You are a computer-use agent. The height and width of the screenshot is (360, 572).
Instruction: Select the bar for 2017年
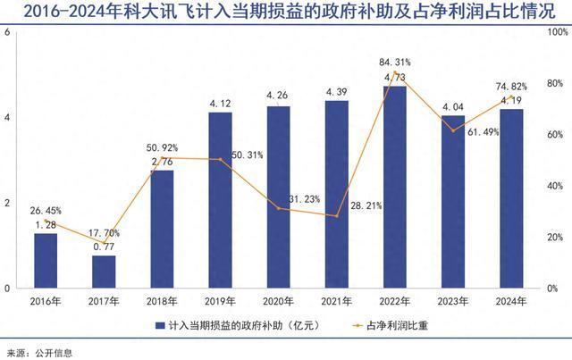tap(104, 272)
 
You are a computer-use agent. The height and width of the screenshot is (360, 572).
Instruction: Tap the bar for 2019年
tap(220, 200)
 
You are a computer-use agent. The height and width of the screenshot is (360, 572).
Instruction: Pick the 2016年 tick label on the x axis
tap(46, 301)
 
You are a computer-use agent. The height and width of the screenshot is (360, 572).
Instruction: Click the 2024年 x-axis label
tap(510, 301)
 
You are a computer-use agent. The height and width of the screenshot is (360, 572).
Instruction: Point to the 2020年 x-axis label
tap(278, 301)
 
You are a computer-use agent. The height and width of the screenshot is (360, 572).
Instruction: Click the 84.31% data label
tap(394, 63)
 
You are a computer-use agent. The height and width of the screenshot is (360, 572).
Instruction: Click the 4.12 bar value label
tap(220, 105)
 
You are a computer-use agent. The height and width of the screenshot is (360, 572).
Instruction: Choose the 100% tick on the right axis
tap(556, 32)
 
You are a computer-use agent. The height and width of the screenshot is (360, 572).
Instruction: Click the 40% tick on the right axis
tap(556, 186)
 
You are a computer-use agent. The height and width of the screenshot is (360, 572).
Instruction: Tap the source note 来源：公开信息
tap(38, 352)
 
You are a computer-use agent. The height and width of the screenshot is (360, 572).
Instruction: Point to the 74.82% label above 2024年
tap(510, 87)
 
